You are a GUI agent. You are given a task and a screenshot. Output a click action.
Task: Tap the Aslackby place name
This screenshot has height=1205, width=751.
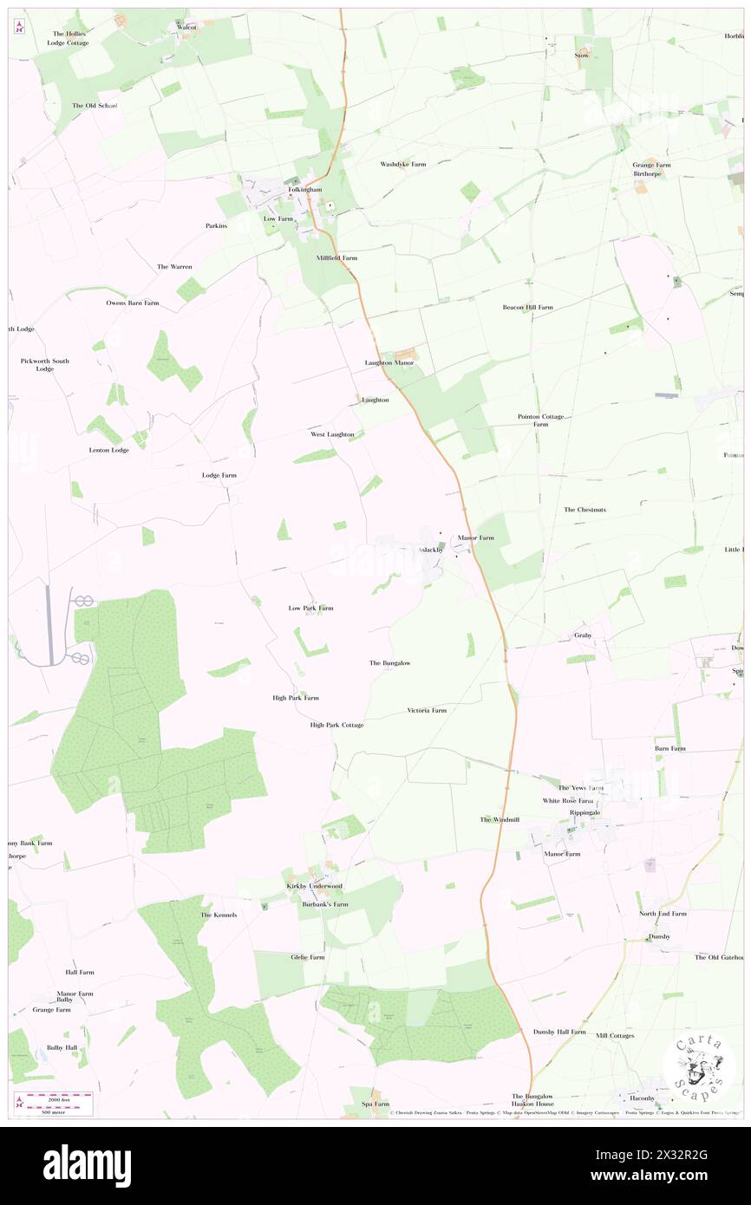click(431, 550)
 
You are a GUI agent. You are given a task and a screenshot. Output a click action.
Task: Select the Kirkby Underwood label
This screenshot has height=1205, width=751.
click(315, 886)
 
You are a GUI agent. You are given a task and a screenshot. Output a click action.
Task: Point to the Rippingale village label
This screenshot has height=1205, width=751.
click(584, 812)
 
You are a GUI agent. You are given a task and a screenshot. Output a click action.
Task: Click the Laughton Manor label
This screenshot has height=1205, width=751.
click(389, 362)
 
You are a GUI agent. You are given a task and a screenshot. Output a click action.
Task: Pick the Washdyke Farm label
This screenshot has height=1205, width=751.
click(403, 164)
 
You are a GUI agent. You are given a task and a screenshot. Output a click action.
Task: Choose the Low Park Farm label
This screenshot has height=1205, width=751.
click(310, 608)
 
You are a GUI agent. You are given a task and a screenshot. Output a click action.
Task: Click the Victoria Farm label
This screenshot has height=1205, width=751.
click(427, 710)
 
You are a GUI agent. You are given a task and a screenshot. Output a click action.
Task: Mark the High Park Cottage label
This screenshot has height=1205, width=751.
click(336, 725)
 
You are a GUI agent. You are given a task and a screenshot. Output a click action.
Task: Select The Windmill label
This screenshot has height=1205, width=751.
click(500, 819)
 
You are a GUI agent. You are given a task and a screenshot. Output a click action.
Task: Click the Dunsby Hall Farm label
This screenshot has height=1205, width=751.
click(559, 1032)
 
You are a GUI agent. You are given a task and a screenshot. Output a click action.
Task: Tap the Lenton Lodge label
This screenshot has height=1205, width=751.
click(108, 450)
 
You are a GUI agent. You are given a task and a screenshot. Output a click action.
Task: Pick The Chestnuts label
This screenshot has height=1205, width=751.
click(584, 510)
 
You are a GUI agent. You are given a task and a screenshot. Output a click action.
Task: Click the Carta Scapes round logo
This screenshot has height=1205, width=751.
click(699, 1063)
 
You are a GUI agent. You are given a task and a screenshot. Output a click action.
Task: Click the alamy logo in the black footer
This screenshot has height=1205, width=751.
click(87, 1164)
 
